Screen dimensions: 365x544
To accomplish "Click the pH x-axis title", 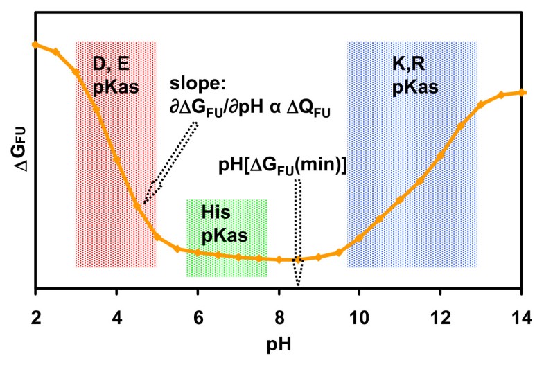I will (x=280, y=344).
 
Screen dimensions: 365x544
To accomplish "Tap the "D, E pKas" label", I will (x=115, y=77).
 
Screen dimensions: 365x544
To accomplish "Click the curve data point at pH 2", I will (x=35, y=44).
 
